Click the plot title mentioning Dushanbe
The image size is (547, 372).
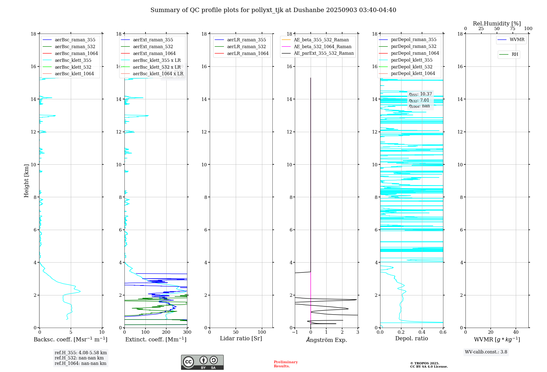click(273, 10)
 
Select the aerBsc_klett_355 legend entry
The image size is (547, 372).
click(73, 60)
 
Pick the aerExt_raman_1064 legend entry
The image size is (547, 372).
click(154, 53)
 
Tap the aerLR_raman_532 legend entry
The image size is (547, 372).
click(246, 47)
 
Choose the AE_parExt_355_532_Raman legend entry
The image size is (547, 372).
click(324, 53)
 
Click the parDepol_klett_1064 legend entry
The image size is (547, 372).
click(413, 73)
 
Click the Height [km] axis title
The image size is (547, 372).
click(26, 181)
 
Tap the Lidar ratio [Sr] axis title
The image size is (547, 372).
click(241, 338)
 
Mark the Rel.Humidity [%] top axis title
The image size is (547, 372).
click(497, 24)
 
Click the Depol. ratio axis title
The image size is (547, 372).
click(411, 338)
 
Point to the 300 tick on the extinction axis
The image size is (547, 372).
click(187, 332)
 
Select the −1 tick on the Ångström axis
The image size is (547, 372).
click(295, 332)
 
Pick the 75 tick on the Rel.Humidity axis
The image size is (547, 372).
click(513, 29)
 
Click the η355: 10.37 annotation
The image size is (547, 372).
click(420, 94)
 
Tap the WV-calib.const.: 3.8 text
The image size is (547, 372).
click(486, 352)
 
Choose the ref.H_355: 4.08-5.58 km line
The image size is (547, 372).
click(81, 353)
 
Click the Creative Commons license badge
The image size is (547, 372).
click(202, 362)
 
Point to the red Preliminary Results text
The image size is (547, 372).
click(286, 364)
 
